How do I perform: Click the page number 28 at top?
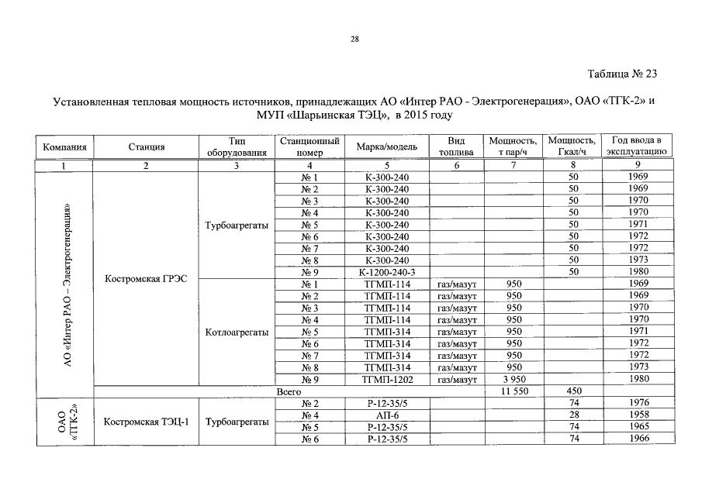pos(353,39)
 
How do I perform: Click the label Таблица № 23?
pos(622,74)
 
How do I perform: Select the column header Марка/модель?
pos(386,146)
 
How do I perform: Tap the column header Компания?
pos(64,146)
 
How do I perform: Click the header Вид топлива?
pos(456,146)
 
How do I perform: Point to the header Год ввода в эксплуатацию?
pos(636,146)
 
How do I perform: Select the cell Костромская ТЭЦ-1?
pos(146,422)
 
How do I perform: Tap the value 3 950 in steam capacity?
pos(514,380)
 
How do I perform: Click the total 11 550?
pos(514,392)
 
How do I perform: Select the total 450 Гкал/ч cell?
pos(573,392)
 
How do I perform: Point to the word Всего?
pos(289,392)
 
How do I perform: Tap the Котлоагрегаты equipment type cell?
pos(237,332)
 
